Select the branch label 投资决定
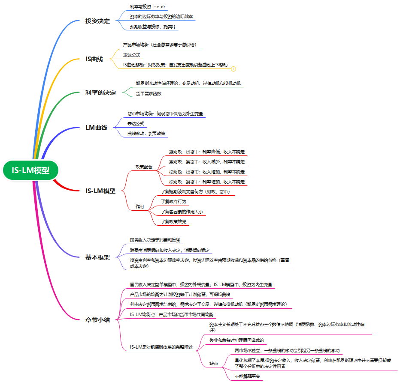tap(97, 21)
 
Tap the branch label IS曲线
tap(94, 59)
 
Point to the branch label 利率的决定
tap(100, 93)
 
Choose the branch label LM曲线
tap(96, 128)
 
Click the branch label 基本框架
tap(97, 257)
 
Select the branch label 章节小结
tap(97, 320)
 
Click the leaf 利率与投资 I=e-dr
tap(147, 7)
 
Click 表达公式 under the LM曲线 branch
tap(136, 123)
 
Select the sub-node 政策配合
tap(143, 167)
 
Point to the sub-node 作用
tap(140, 206)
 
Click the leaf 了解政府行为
tap(173, 201)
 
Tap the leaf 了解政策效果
tap(173, 221)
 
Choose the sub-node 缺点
tap(213, 363)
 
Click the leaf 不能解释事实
tap(247, 376)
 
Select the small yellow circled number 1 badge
tap(233, 69)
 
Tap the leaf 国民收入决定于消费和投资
tap(155, 240)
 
